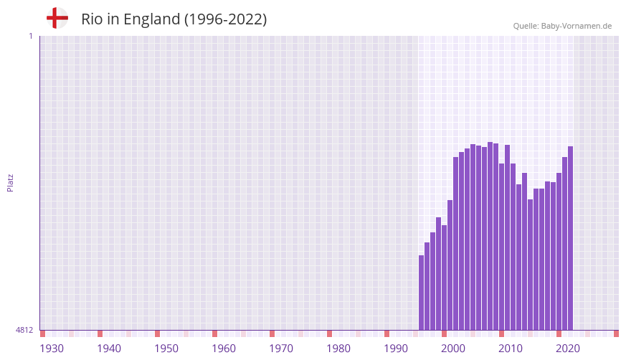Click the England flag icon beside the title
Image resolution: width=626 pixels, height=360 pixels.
(57, 18)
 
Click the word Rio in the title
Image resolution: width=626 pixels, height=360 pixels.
(91, 19)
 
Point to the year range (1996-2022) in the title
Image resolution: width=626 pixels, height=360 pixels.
(225, 19)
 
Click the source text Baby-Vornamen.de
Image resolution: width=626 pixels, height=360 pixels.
(577, 26)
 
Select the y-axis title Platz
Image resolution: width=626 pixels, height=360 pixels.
(10, 182)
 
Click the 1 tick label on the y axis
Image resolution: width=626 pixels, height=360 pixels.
(30, 36)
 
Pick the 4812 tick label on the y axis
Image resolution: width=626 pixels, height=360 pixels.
(24, 330)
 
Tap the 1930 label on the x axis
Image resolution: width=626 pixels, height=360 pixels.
(52, 349)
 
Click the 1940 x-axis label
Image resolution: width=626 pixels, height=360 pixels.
(109, 349)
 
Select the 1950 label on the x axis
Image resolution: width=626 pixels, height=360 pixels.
(166, 349)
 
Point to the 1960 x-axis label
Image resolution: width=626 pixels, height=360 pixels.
(224, 349)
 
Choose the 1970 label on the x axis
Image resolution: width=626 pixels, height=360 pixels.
(281, 349)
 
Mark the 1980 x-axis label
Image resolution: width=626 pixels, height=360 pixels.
(338, 349)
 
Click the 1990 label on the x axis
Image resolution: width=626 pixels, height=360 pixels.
(396, 349)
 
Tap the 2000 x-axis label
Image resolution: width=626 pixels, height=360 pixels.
(453, 349)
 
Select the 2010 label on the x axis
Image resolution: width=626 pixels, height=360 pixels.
(511, 349)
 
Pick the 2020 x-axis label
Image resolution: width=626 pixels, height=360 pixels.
(568, 349)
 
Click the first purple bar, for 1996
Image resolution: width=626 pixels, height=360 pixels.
(422, 293)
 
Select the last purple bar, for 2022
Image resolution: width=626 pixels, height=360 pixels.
(571, 238)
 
